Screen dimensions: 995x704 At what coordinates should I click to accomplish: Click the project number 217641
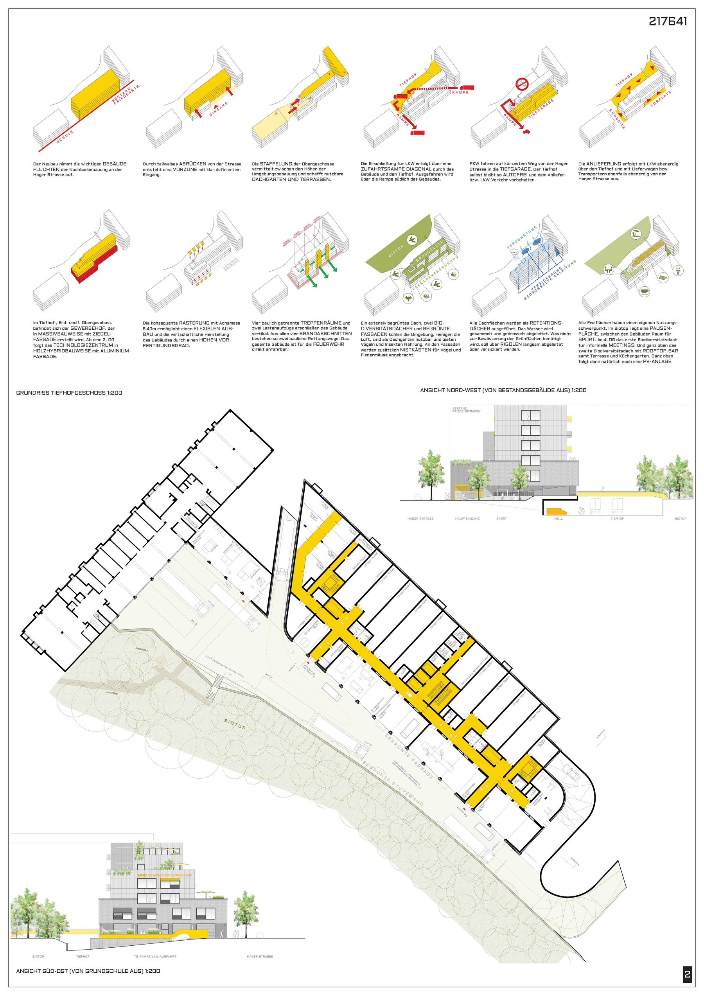click(x=668, y=21)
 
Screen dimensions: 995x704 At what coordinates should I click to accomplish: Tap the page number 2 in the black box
click(x=687, y=975)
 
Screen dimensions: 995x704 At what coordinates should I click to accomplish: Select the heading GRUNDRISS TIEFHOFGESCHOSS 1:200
click(x=69, y=393)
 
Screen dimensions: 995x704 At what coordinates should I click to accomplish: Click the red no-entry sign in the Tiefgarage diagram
click(x=521, y=84)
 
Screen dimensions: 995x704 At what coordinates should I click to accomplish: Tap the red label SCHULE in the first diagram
click(x=65, y=136)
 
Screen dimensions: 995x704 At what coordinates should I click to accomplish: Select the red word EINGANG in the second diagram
click(x=219, y=109)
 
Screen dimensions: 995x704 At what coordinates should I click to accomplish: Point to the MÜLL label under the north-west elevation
click(x=559, y=519)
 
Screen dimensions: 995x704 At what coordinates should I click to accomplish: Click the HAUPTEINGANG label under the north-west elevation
click(x=467, y=519)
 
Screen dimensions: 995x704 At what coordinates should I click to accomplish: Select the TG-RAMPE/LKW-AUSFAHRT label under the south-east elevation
click(x=155, y=956)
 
